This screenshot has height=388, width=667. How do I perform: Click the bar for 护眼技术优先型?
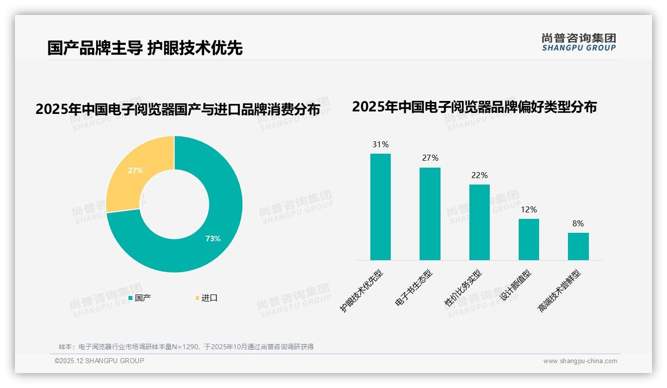pyautogui.click(x=380, y=206)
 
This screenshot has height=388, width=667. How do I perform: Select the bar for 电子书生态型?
pyautogui.click(x=430, y=213)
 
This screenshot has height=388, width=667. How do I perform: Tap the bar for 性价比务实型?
pyautogui.click(x=479, y=222)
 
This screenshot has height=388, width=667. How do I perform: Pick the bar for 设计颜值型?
pyautogui.click(x=529, y=239)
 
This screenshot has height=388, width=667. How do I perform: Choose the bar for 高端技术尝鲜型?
pyautogui.click(x=578, y=246)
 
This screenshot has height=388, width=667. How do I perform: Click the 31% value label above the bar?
pyautogui.click(x=380, y=145)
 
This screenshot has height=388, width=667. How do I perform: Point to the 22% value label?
pyautogui.click(x=479, y=176)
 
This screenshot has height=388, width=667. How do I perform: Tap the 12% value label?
pyautogui.click(x=529, y=210)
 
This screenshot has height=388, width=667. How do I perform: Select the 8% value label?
pyautogui.click(x=578, y=224)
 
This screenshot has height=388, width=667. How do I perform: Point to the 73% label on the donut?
pyautogui.click(x=213, y=239)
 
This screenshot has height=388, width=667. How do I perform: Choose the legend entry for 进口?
pyautogui.click(x=206, y=298)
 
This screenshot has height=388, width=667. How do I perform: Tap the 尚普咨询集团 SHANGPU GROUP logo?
pyautogui.click(x=578, y=42)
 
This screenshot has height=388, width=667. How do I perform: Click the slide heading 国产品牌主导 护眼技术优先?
pyautogui.click(x=145, y=48)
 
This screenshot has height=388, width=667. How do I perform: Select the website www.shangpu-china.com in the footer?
pyautogui.click(x=580, y=361)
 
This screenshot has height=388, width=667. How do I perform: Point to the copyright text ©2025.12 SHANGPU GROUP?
pyautogui.click(x=100, y=361)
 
